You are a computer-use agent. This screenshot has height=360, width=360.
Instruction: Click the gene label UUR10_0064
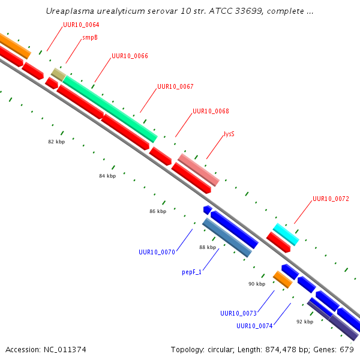point(81,25)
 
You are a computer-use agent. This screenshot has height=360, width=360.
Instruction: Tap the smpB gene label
point(90,37)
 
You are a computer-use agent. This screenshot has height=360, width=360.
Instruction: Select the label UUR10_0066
point(130,56)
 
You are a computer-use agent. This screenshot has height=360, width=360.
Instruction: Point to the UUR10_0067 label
point(175,86)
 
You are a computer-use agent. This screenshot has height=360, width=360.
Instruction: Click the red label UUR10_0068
point(211,111)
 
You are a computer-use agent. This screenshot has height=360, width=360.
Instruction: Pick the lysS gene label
point(229,134)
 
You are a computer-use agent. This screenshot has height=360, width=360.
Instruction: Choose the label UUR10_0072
point(331,199)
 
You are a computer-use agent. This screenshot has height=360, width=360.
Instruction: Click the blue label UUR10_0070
point(157,253)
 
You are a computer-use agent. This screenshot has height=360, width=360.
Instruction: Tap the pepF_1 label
point(192,272)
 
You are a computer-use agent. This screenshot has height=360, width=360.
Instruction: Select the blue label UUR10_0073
point(238,313)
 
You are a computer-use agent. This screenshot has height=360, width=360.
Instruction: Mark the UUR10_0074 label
point(254,326)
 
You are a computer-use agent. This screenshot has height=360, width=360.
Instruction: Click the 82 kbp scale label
point(56,142)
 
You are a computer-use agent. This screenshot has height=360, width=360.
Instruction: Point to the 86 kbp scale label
point(158,211)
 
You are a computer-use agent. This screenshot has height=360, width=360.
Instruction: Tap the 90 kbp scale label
point(257,284)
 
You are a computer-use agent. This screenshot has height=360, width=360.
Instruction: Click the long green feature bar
point(110,109)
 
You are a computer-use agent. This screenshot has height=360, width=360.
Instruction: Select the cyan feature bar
point(286,235)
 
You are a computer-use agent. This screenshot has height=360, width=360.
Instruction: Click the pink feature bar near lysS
point(199,170)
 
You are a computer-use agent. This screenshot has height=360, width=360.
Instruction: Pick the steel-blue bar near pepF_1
point(227,238)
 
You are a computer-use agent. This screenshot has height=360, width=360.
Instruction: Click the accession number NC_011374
point(65,350)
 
